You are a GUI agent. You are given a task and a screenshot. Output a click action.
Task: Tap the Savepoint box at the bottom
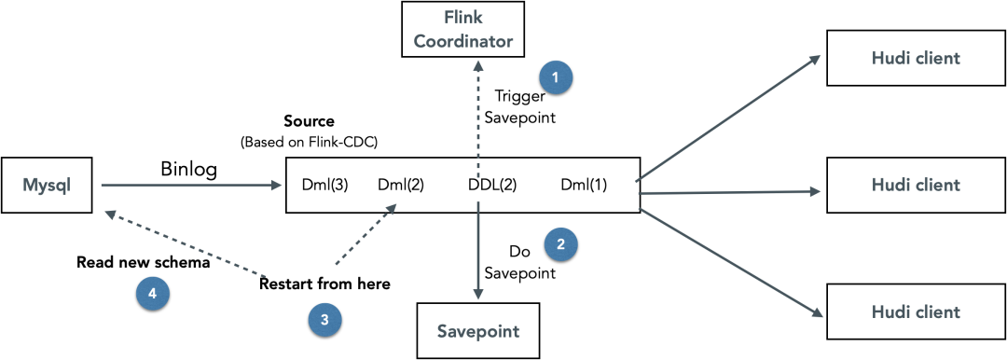click(x=477, y=331)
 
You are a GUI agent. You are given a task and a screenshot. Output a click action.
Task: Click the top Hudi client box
click(x=916, y=58)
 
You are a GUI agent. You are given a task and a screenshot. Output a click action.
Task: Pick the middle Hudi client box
click(x=916, y=186)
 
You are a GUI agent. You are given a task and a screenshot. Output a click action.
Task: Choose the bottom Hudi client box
click(x=916, y=312)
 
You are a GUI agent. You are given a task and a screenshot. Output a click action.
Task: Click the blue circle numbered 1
click(x=556, y=77)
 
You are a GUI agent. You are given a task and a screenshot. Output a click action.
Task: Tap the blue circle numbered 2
click(x=560, y=243)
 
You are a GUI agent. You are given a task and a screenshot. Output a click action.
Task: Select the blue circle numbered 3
click(x=324, y=320)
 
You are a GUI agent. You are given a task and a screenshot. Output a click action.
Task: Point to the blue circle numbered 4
click(x=152, y=294)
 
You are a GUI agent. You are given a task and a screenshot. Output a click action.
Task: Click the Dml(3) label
click(x=325, y=186)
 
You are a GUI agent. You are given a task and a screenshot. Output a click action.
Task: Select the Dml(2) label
click(x=400, y=186)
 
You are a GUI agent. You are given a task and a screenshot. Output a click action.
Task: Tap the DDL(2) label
click(x=492, y=186)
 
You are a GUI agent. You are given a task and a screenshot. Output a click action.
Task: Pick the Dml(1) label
click(x=584, y=186)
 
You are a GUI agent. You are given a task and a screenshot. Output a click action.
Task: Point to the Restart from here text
click(x=325, y=284)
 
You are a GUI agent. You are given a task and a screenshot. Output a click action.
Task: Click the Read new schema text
click(x=144, y=263)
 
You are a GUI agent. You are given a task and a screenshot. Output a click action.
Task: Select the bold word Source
click(x=310, y=121)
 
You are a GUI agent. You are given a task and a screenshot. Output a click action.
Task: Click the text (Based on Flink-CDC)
click(x=309, y=143)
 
